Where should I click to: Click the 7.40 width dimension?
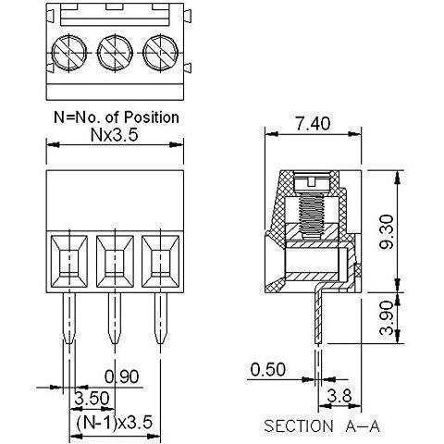point(313,123)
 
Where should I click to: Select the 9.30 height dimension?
point(387,231)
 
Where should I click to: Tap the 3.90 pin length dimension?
point(387,318)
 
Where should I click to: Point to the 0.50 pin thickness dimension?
point(268,369)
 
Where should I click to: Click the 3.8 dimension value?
point(339,396)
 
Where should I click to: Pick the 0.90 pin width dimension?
point(122,376)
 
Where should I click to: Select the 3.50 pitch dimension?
point(92,398)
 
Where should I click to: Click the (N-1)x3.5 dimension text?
point(114,422)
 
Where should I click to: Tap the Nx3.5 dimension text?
point(114,135)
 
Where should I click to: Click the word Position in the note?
point(151,117)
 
